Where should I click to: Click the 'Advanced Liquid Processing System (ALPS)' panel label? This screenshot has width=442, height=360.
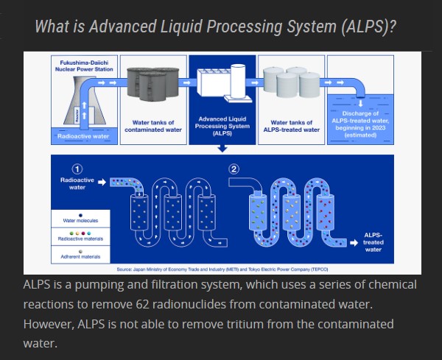[x=222, y=126]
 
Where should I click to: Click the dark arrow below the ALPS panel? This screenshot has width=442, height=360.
[x=222, y=149]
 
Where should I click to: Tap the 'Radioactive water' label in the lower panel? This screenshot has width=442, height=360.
[x=73, y=183]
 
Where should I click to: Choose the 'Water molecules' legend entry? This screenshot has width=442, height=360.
[x=80, y=220]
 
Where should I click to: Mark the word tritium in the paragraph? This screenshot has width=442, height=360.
[x=293, y=324]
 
